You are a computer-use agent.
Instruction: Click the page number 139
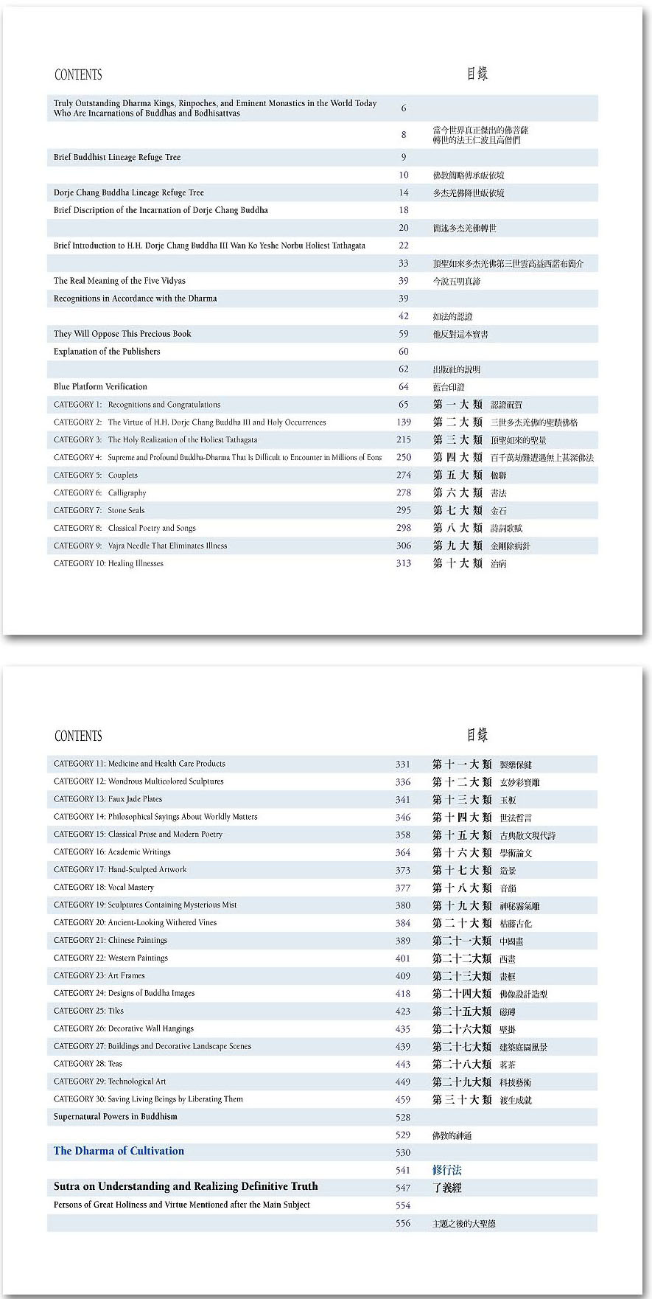pos(403,422)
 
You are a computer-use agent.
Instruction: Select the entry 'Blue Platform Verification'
pos(100,387)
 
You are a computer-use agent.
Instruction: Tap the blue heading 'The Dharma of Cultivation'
pos(119,1151)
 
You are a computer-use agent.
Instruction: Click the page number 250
pos(403,458)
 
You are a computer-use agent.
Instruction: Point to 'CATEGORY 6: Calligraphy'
pos(100,493)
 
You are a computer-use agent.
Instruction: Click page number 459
pos(402,1100)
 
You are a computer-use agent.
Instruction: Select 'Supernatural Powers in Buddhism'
pos(115,1117)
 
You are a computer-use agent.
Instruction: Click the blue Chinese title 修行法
pos(446,1170)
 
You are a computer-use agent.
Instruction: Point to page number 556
pos(402,1223)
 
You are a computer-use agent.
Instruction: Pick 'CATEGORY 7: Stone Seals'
pos(99,511)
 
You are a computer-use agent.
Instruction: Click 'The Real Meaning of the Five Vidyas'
pos(119,281)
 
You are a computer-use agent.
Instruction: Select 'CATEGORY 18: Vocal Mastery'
pos(104,888)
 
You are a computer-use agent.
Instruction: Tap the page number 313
pos(403,564)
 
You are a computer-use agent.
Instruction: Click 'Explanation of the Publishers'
pos(107,352)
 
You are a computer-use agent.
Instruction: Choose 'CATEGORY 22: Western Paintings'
pos(111,958)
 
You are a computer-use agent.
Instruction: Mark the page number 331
pos(402,765)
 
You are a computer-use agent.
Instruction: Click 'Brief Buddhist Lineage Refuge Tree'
pos(117,158)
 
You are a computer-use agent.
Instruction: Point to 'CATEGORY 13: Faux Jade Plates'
pos(108,799)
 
